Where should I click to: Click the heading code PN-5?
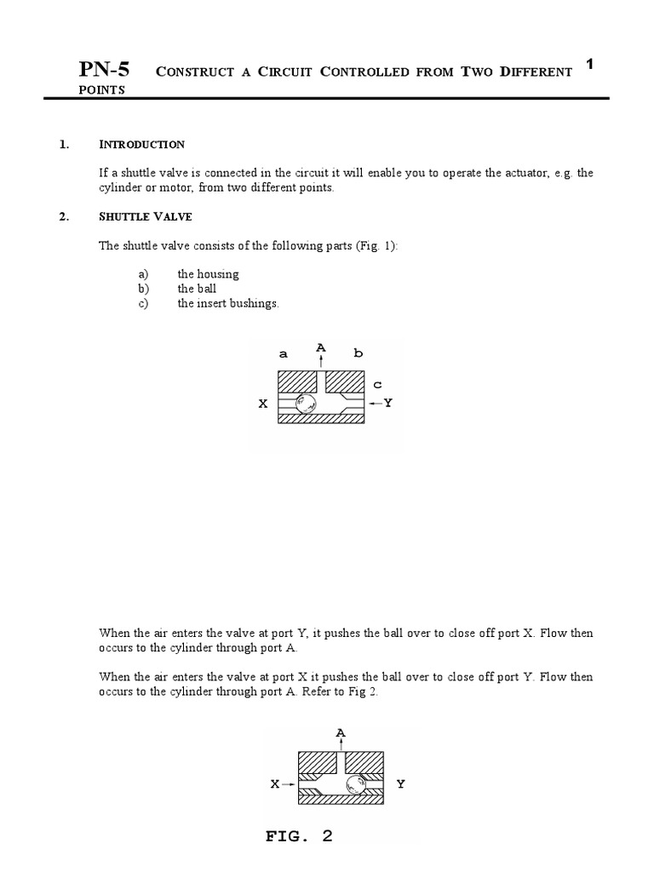[x=104, y=69]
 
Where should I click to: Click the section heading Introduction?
[x=141, y=144]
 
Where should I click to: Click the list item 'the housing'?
[x=208, y=274]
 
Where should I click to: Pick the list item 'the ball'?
[x=197, y=289]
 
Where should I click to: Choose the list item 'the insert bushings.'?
[x=227, y=303]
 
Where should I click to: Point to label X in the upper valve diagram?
[x=263, y=404]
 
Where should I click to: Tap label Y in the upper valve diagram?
[x=387, y=402]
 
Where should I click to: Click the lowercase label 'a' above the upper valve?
[x=284, y=353]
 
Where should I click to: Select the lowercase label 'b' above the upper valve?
[x=358, y=353]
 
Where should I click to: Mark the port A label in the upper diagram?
[x=321, y=347]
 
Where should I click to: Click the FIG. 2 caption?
[x=299, y=836]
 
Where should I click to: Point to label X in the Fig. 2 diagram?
[x=275, y=783]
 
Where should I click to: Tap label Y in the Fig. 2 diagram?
[x=400, y=783]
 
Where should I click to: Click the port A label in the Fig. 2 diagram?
[x=341, y=732]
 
